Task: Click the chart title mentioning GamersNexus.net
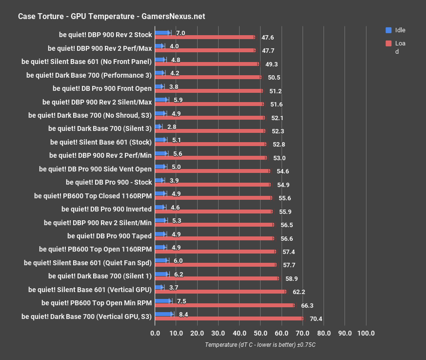111,16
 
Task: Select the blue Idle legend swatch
388,30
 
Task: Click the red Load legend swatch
388,43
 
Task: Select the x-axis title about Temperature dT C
260,344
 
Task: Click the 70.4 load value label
316,318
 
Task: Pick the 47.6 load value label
267,37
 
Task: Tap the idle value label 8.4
184,314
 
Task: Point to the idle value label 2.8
172,127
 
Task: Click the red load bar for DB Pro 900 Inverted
214,212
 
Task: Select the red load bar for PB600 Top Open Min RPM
224,305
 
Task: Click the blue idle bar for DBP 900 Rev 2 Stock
162,33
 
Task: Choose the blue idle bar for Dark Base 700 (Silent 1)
162,274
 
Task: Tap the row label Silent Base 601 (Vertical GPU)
90,289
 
